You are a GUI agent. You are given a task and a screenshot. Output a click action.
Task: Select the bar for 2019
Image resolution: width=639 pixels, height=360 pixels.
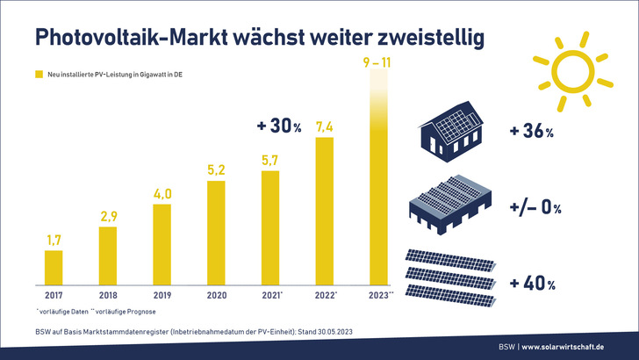[162, 243]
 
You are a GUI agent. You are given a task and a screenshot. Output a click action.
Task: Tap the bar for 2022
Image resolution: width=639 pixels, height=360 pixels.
[325, 209]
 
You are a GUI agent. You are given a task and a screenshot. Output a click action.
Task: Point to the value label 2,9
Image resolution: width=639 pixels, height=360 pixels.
[107, 217]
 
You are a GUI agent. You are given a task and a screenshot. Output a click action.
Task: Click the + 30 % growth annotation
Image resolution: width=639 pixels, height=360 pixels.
[279, 127]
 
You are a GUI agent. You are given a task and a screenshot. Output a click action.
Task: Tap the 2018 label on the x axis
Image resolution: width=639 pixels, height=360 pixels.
[107, 295]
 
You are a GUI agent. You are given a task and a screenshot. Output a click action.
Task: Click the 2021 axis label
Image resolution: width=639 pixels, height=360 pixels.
[271, 295]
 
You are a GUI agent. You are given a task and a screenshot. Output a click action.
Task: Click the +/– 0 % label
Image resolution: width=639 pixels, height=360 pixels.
[535, 208]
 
